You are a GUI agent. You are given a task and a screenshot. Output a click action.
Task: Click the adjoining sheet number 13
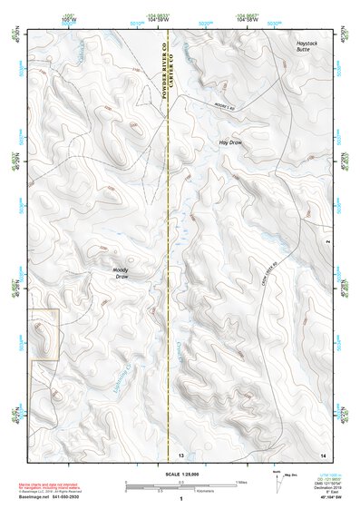(x=180, y=454)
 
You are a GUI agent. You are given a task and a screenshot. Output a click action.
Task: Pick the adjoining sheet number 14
(x=322, y=454)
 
